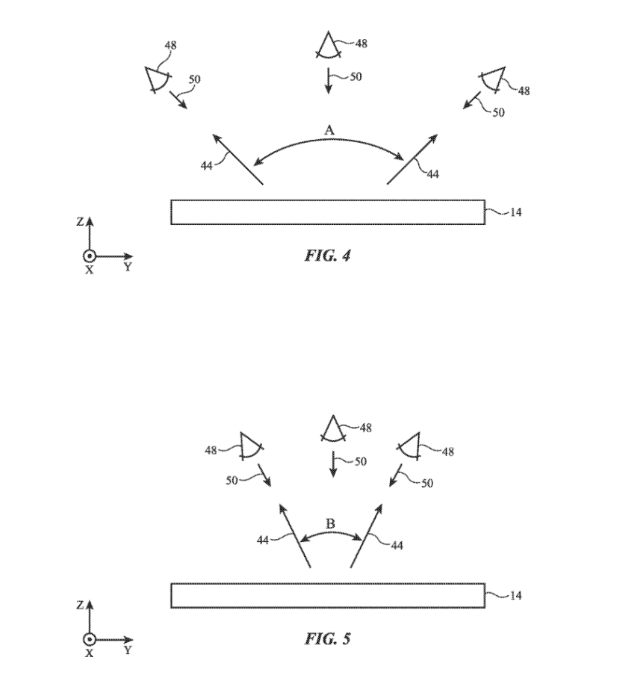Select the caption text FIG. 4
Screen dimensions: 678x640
[327, 256]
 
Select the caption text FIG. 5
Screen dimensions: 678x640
[327, 638]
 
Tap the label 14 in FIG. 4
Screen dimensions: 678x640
[515, 212]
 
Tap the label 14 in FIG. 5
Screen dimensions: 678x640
[515, 596]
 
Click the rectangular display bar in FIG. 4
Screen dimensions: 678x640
[328, 212]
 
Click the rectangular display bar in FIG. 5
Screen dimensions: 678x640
[328, 596]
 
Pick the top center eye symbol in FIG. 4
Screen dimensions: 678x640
[326, 47]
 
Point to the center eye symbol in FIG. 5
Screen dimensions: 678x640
[332, 431]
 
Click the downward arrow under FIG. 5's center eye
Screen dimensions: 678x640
[333, 465]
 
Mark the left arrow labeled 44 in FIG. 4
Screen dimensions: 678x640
[237, 158]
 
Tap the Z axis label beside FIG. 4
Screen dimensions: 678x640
[80, 222]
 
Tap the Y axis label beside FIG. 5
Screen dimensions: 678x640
[127, 650]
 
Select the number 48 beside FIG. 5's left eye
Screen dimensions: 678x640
[211, 450]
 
